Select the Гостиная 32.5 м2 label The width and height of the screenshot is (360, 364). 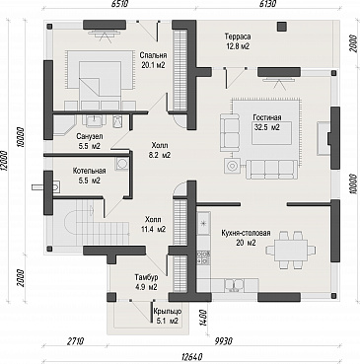pyautogui.click(x=267, y=122)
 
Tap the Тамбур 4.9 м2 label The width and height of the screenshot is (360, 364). pyautogui.click(x=146, y=282)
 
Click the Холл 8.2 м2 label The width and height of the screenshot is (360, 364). pyautogui.click(x=159, y=150)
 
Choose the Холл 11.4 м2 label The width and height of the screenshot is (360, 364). pyautogui.click(x=153, y=224)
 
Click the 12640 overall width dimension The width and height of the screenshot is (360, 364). pyautogui.click(x=191, y=357)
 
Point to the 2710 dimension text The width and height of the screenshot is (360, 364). pyautogui.click(x=75, y=341)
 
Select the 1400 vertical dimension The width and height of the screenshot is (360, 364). pyautogui.click(x=203, y=319)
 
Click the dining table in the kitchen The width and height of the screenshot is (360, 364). pyautogui.click(x=287, y=251)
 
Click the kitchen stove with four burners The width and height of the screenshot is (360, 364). pyautogui.click(x=204, y=256)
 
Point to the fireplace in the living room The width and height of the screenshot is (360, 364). pyautogui.click(x=324, y=138)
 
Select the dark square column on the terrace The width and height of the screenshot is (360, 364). pyautogui.click(x=281, y=27)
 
